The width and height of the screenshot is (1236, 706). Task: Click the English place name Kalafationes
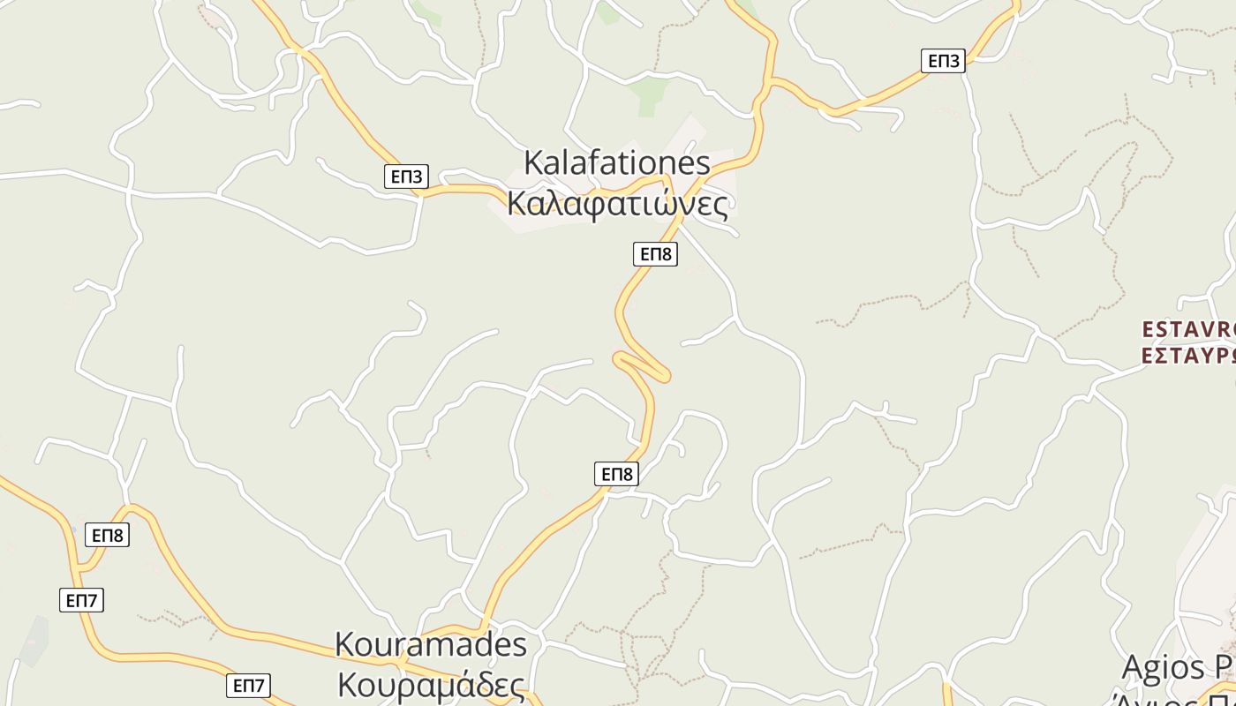pos(616,163)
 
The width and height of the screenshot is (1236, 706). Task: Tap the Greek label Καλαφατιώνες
pos(618,204)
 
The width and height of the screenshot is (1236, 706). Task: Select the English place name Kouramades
pos(431,645)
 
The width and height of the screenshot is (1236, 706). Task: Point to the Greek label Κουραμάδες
pos(431,685)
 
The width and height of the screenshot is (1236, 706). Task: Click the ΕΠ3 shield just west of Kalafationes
pos(407,176)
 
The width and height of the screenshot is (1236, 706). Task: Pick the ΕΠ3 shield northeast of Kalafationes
pos(943,61)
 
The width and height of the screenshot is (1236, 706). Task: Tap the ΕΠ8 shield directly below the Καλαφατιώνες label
pos(655,254)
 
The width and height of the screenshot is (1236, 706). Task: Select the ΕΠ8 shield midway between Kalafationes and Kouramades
pos(616,474)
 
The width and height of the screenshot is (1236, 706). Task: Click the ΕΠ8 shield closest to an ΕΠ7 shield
pos(108,535)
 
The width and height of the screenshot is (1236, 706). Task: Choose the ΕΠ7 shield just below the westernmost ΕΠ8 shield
pos(82,601)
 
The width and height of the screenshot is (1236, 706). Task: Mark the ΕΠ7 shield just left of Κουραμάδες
pos(248,686)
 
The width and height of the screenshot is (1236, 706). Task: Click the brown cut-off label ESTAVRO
pos(1188,329)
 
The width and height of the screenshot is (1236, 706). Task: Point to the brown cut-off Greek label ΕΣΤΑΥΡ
pos(1188,355)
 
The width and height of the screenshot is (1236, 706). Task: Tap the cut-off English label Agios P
pos(1178,667)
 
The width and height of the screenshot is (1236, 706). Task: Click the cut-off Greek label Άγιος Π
pos(1178,697)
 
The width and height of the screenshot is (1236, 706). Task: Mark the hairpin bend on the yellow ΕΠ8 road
pos(664,375)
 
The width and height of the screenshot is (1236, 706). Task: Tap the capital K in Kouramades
pos(344,645)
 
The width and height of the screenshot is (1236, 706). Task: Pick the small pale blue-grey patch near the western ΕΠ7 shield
pos(34,642)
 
